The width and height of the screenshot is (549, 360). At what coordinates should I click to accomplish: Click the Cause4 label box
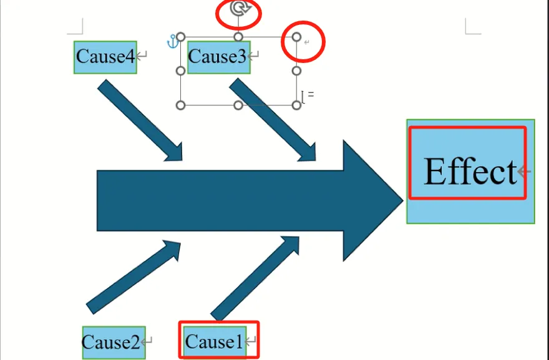[x=105, y=57]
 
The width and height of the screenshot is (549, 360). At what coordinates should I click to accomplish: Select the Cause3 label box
[x=218, y=57]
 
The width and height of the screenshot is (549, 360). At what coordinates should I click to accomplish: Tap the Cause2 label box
[x=113, y=343]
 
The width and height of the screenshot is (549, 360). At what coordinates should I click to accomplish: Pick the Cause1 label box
[x=213, y=342]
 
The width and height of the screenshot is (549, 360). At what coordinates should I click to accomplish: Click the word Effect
[x=470, y=172]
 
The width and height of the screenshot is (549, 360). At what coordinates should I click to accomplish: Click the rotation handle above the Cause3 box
[x=238, y=9]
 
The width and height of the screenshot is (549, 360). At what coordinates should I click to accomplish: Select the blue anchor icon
[x=172, y=42]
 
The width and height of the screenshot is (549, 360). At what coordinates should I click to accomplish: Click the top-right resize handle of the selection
[x=297, y=37]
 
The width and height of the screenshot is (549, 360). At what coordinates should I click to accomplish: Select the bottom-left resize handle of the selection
[x=181, y=105]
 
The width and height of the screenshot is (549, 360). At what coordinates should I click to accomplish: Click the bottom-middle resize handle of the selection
[x=238, y=105]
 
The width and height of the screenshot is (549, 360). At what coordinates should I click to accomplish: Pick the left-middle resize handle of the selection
[x=181, y=71]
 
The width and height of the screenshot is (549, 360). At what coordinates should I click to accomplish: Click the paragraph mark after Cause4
[x=142, y=57]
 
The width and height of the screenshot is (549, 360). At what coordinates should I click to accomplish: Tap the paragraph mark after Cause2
[x=147, y=342]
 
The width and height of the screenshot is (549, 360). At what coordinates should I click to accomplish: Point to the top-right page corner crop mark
[x=472, y=27]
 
